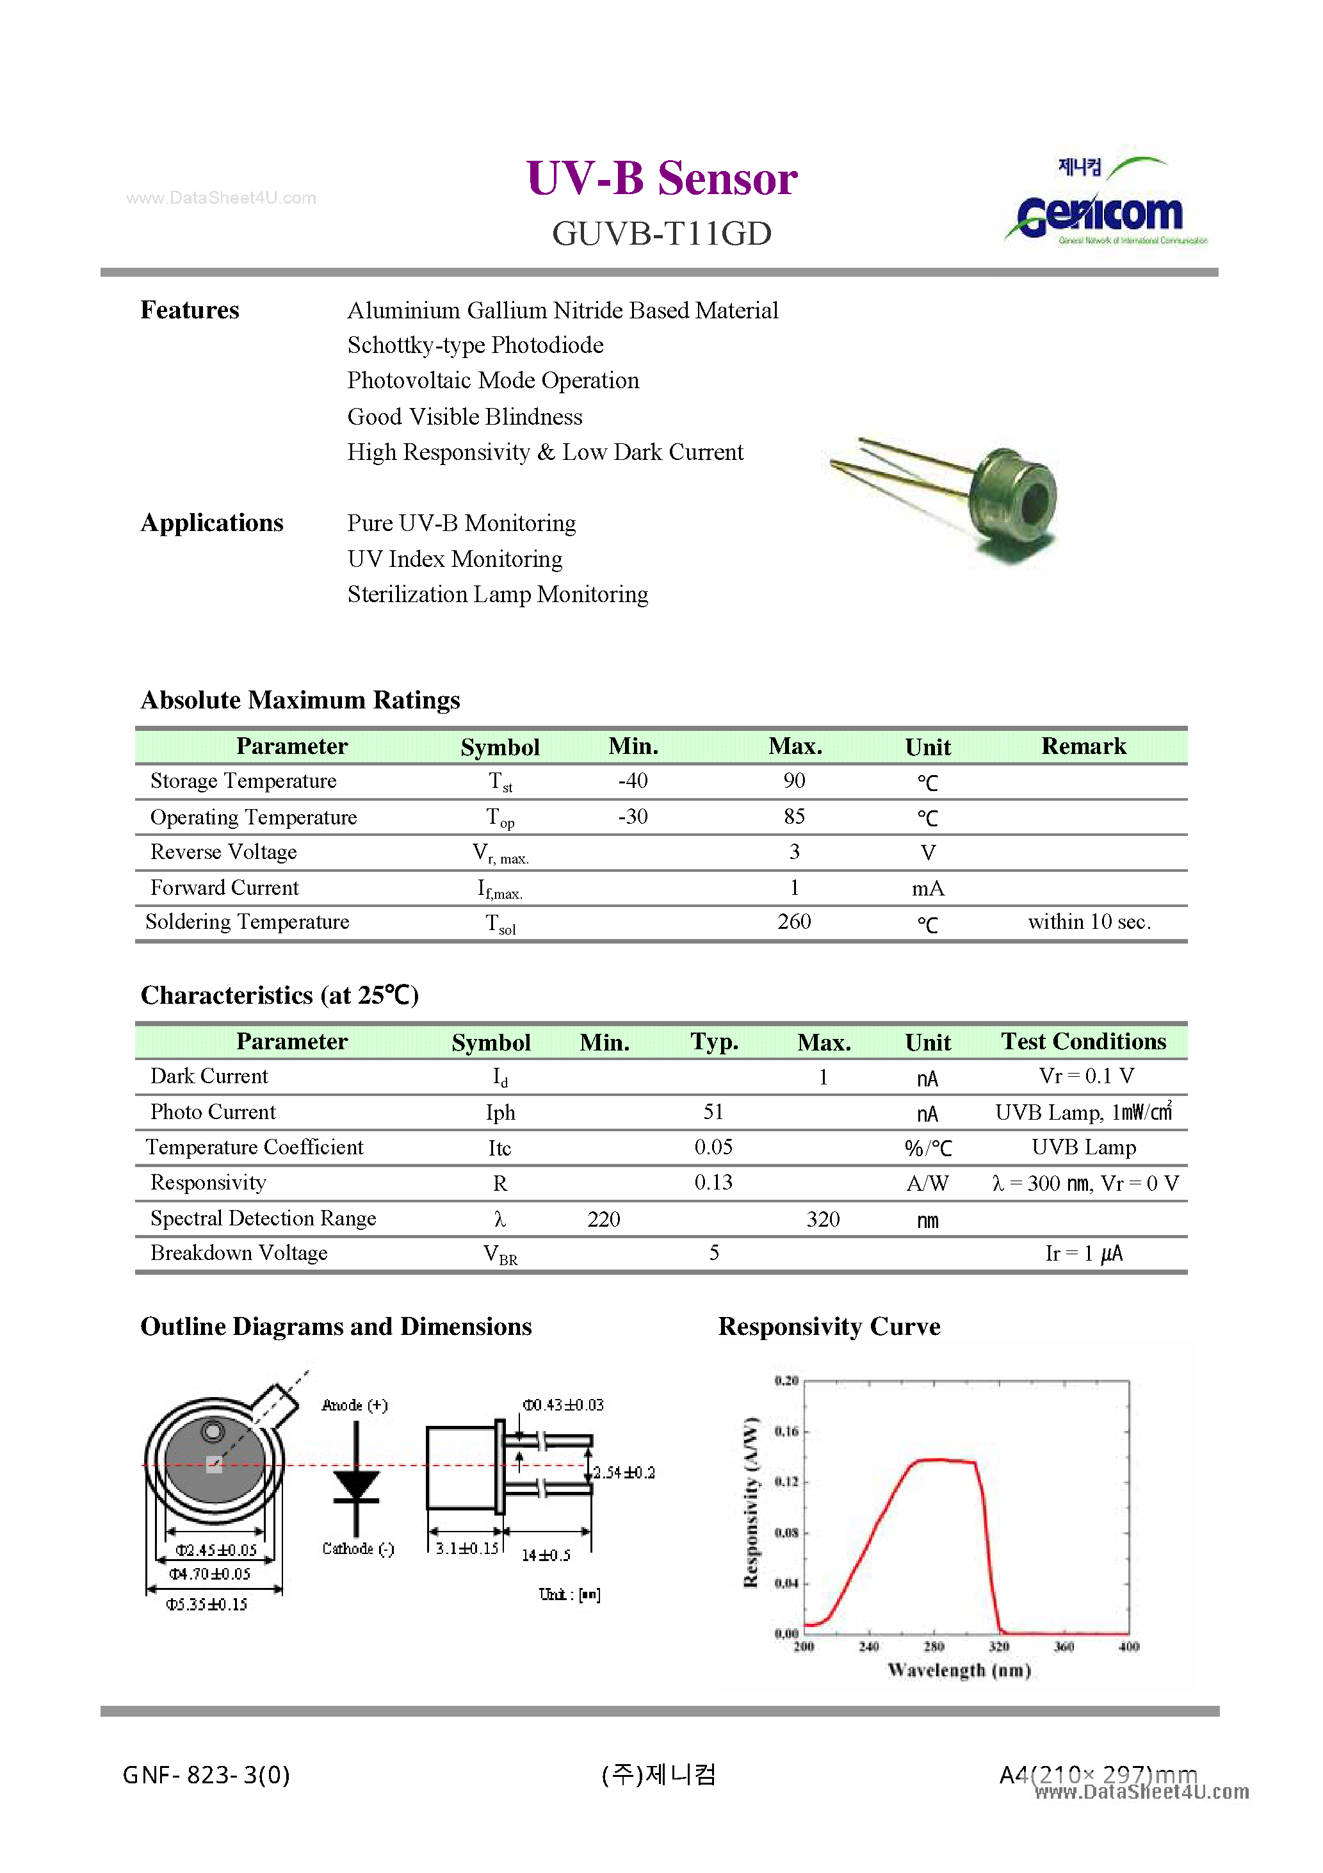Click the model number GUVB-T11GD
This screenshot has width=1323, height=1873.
click(661, 234)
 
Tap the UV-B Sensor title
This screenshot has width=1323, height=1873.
click(661, 178)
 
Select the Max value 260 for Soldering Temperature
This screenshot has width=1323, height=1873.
click(793, 922)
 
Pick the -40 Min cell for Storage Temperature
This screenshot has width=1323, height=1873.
click(633, 781)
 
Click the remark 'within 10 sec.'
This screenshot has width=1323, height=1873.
click(1089, 922)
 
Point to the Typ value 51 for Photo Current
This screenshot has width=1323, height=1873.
click(714, 1112)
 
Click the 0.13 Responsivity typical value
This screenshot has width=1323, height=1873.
click(714, 1183)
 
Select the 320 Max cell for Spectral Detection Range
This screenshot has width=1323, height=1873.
click(823, 1220)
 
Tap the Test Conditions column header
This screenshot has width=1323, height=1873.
click(1084, 1042)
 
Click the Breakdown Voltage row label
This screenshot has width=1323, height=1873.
click(239, 1253)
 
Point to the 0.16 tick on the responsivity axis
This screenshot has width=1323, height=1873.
click(786, 1432)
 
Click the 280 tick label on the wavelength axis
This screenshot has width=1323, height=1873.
click(934, 1647)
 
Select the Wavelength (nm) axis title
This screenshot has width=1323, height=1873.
click(959, 1671)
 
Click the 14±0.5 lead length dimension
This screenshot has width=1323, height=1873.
click(546, 1556)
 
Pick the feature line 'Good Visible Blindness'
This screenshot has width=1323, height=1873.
click(465, 417)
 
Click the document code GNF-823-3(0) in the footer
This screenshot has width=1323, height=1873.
click(206, 1775)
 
